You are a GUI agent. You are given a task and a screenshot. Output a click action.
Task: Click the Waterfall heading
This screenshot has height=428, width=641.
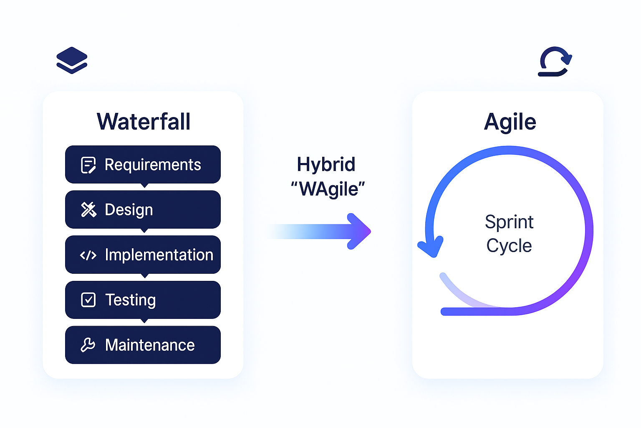(x=144, y=122)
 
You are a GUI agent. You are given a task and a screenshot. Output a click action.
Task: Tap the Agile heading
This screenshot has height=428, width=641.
(x=510, y=122)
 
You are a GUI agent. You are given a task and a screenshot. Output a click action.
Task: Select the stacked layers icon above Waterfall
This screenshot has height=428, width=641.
(x=72, y=61)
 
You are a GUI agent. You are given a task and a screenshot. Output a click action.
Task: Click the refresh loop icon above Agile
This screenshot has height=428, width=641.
(x=555, y=61)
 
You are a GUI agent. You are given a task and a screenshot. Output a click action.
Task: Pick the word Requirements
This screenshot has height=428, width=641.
(x=153, y=165)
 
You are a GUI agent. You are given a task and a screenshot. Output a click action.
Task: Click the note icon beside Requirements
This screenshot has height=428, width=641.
(x=88, y=165)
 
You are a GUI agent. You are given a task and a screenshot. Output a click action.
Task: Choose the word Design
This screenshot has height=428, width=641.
(x=129, y=210)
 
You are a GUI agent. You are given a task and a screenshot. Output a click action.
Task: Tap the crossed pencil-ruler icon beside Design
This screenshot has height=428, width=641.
(x=88, y=210)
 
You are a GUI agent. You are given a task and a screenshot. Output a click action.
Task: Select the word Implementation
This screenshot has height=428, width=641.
(x=159, y=255)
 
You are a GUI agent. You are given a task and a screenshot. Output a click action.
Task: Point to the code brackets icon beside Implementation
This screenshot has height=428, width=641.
(x=88, y=255)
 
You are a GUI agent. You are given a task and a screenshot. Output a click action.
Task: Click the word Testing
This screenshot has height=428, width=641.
(x=130, y=300)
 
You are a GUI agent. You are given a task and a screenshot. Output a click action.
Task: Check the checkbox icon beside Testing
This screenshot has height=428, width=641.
(x=88, y=300)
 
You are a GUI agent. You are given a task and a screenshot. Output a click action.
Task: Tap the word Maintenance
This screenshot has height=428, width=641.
(x=150, y=345)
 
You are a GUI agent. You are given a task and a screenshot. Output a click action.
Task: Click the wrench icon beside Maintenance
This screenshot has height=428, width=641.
(x=88, y=345)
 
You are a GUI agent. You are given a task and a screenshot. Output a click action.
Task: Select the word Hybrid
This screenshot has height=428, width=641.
(x=326, y=164)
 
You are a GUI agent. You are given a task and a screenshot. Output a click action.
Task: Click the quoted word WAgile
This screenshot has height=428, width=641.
(x=328, y=189)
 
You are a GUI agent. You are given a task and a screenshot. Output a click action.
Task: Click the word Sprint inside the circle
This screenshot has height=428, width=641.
(x=509, y=222)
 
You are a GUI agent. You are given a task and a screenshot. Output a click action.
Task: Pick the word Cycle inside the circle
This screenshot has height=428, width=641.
(x=509, y=246)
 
